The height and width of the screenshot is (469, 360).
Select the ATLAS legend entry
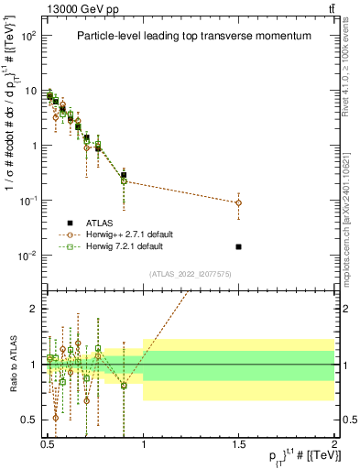click(x=101, y=223)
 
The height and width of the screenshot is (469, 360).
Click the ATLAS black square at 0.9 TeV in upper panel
click(x=124, y=175)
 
